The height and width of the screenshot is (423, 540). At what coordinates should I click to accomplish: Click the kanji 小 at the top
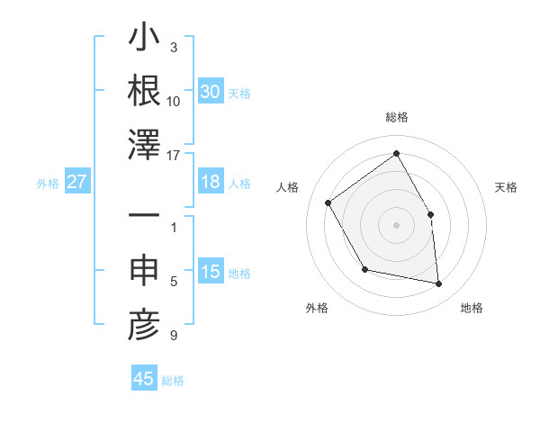click(x=145, y=40)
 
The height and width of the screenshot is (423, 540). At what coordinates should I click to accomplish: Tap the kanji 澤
click(x=145, y=144)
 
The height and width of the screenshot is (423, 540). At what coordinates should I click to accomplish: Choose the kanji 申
click(x=145, y=272)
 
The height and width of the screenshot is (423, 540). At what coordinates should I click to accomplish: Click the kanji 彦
click(x=145, y=326)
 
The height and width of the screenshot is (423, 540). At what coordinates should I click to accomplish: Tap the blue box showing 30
click(x=210, y=92)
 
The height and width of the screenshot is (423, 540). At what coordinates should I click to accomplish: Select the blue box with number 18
click(x=210, y=182)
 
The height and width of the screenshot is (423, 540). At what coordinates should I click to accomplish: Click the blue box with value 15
click(x=210, y=273)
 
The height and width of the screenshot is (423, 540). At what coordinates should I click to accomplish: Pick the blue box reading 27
click(x=77, y=182)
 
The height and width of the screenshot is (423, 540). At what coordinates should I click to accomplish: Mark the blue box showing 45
click(x=144, y=379)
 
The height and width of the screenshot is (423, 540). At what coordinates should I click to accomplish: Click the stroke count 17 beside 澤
click(x=174, y=156)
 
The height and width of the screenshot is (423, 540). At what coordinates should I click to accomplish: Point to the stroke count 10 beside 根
click(x=174, y=101)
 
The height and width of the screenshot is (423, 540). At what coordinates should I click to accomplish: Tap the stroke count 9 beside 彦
click(x=174, y=336)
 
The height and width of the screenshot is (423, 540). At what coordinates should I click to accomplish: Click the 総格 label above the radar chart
click(x=396, y=117)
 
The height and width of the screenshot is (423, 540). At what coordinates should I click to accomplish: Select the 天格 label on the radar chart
click(x=506, y=187)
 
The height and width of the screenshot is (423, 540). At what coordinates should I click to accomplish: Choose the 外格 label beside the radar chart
click(x=317, y=308)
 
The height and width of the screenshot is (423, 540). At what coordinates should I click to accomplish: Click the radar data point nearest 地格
click(x=439, y=284)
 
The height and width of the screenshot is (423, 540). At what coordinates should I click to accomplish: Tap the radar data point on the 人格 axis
click(x=328, y=202)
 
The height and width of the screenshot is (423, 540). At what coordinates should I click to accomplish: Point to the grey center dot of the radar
click(x=396, y=224)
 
